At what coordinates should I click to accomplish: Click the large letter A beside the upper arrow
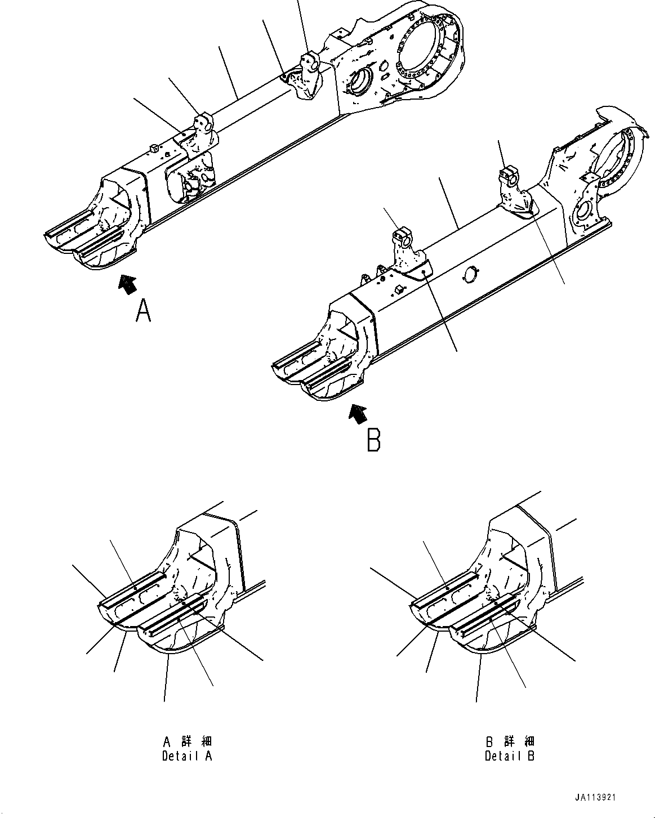pos(144,311)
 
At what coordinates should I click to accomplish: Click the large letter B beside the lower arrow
pos(373,440)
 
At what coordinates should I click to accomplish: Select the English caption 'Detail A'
pos(187,756)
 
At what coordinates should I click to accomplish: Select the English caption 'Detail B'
pos(510,756)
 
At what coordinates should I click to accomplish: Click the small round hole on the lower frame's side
pos(470,273)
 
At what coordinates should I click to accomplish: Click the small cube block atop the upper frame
pos(153,147)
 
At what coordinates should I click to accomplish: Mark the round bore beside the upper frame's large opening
pos(358,82)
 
